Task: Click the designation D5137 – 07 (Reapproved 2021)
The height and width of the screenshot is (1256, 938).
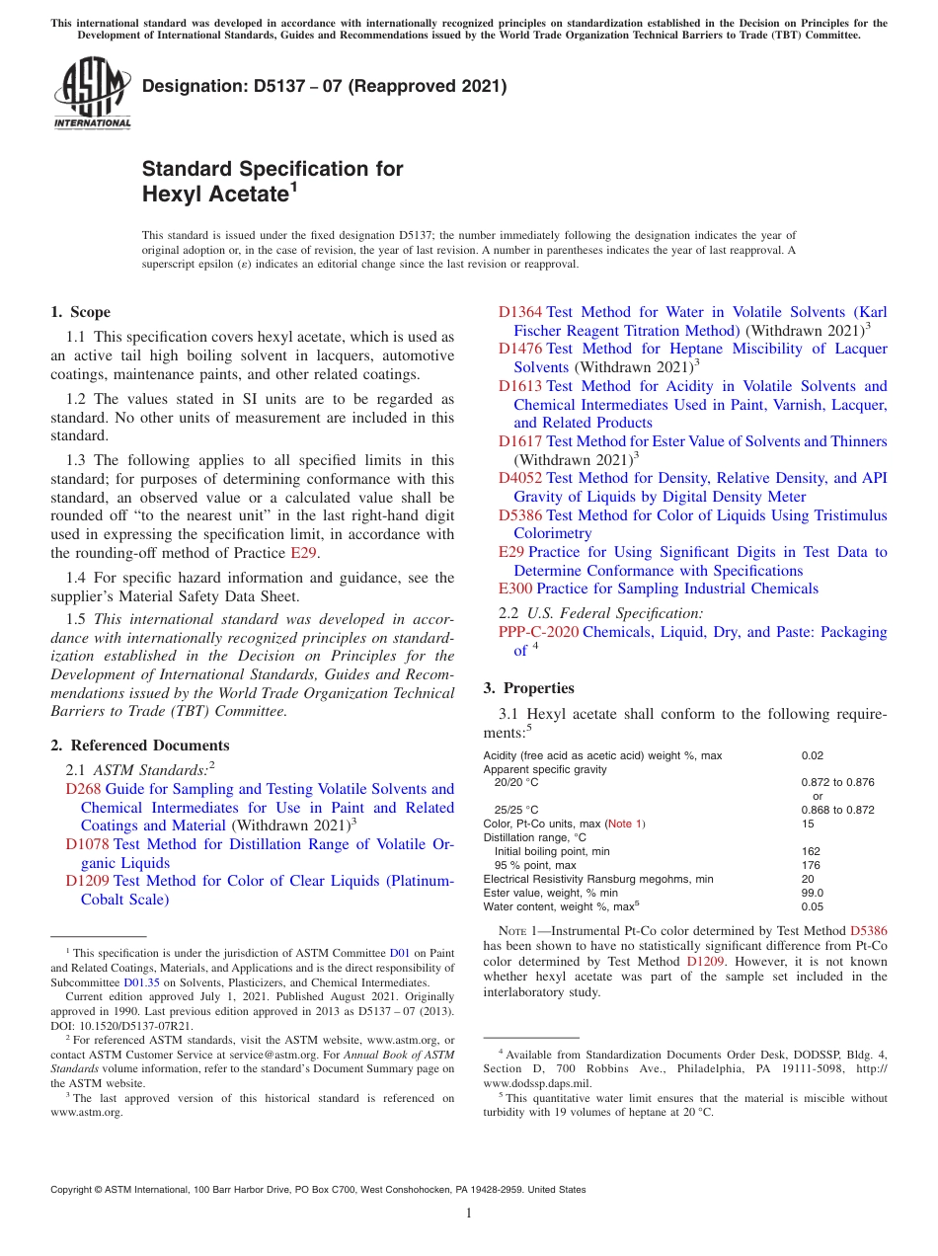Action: (x=324, y=86)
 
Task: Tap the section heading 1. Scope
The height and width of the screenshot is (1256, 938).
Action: (x=81, y=312)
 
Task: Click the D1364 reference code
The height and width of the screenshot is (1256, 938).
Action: (x=519, y=312)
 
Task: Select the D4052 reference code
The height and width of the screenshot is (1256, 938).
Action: (x=519, y=478)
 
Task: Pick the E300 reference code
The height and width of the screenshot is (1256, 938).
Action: (x=515, y=589)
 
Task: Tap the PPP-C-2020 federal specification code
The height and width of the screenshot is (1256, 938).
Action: (x=538, y=632)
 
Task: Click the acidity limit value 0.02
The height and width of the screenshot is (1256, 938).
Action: (x=813, y=755)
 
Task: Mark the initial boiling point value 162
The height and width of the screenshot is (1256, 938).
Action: (x=811, y=851)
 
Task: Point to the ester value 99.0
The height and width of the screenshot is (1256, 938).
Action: (x=813, y=893)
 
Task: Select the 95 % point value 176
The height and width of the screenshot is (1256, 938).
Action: (x=811, y=865)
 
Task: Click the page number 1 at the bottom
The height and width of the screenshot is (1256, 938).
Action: (x=469, y=1214)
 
